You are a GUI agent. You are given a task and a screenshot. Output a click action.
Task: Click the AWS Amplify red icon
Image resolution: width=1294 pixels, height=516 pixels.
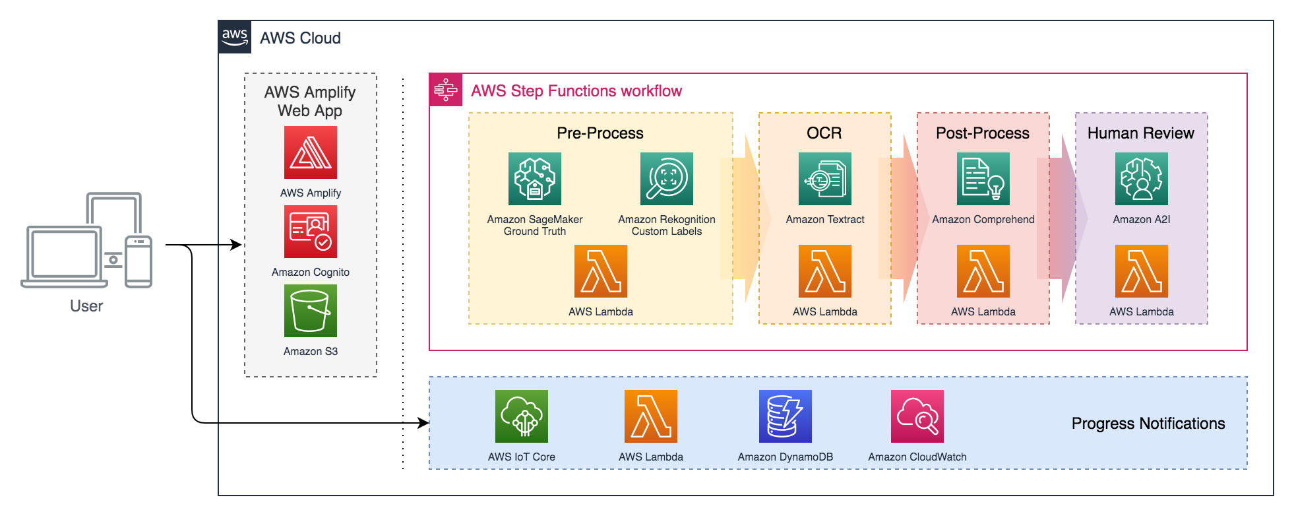pyautogui.click(x=311, y=152)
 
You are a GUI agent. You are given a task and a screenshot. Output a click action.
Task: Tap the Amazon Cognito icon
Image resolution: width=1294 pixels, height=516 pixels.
pyautogui.click(x=311, y=232)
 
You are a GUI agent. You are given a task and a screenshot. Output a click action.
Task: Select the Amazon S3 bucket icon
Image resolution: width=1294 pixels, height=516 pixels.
pyautogui.click(x=311, y=311)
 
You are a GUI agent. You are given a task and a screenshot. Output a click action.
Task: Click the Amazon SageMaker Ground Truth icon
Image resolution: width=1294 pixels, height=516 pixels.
pyautogui.click(x=535, y=179)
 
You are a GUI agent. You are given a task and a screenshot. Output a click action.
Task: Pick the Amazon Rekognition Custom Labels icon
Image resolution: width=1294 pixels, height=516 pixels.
pyautogui.click(x=667, y=179)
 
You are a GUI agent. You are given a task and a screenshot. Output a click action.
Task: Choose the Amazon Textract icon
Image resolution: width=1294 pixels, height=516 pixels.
pyautogui.click(x=825, y=179)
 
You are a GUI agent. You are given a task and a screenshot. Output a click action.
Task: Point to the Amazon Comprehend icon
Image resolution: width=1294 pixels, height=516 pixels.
pyautogui.click(x=983, y=179)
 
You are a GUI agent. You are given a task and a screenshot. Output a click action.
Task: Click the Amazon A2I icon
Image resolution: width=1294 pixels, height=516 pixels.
pyautogui.click(x=1142, y=179)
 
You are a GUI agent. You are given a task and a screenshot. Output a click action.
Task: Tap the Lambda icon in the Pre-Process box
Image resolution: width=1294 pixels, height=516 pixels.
pyautogui.click(x=601, y=271)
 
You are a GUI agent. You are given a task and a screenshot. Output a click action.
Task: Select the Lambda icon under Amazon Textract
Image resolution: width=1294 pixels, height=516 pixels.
pyautogui.click(x=825, y=271)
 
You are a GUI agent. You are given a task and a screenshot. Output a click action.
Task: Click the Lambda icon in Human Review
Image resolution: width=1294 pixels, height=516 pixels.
pyautogui.click(x=1142, y=271)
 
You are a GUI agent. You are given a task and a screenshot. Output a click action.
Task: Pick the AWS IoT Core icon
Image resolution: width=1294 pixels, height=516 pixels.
pyautogui.click(x=522, y=416)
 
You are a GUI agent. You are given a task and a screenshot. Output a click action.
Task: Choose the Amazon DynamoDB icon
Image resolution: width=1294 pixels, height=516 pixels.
pyautogui.click(x=786, y=416)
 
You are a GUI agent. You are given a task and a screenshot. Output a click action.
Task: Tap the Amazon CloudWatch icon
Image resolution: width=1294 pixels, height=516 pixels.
pyautogui.click(x=917, y=416)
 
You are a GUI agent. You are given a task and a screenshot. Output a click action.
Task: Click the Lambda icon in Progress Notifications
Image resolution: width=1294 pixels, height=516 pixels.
pyautogui.click(x=651, y=416)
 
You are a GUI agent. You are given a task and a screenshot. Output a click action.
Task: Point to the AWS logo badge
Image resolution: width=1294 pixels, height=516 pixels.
pyautogui.click(x=235, y=37)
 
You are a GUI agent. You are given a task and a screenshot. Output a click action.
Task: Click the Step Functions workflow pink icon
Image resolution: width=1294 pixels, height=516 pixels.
pyautogui.click(x=446, y=90)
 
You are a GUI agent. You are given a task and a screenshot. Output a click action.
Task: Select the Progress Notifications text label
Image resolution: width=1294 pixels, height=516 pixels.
pyautogui.click(x=1148, y=424)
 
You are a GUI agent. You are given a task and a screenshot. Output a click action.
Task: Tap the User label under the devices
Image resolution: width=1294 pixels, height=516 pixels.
pyautogui.click(x=86, y=306)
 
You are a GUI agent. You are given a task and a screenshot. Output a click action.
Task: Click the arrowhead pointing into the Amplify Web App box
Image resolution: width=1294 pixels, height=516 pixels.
pyautogui.click(x=236, y=245)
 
